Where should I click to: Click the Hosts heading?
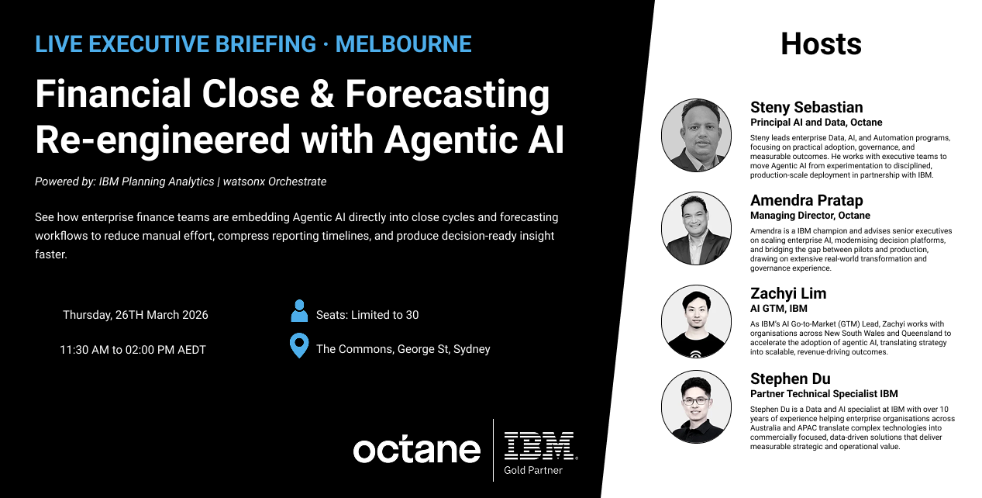coord(821,43)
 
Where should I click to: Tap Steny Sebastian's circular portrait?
coord(696,135)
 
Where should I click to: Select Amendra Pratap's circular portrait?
coord(696,228)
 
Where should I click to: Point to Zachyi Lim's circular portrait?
coord(696,321)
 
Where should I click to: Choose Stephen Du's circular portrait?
coord(696,406)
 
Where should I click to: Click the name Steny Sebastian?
coord(806,107)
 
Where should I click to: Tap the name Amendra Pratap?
coord(806,200)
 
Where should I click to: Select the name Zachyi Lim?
coord(788,293)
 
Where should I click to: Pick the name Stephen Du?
coord(790,379)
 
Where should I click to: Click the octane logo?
coord(416,449)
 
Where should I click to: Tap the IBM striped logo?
coord(539,445)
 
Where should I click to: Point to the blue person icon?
coord(299,312)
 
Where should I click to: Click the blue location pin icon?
coord(298,346)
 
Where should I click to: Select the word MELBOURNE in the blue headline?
coord(403,43)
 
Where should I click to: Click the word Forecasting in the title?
coord(447,95)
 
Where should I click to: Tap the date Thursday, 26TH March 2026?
coord(136,315)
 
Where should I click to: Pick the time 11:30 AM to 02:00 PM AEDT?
coord(133,350)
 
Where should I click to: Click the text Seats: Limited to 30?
coord(367,315)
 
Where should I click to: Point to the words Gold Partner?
coord(533,470)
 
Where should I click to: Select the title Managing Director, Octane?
coord(810,216)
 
